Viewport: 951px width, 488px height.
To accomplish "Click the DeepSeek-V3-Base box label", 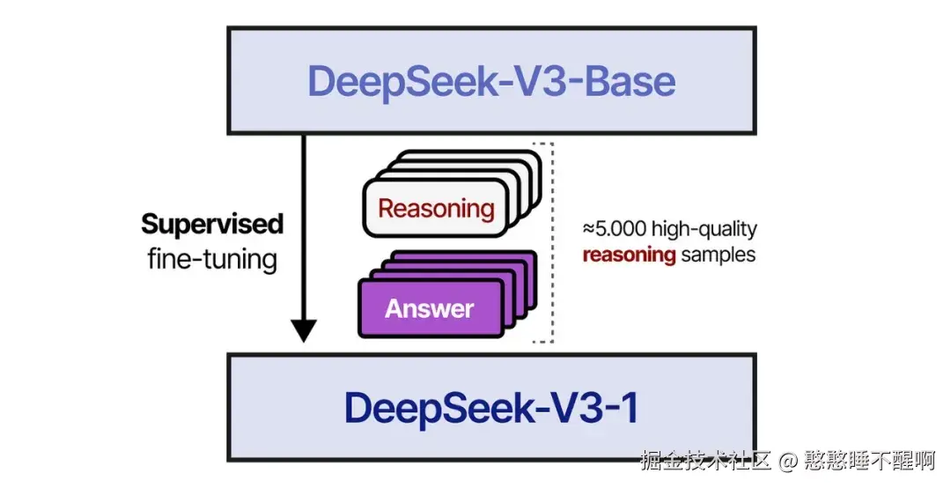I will tap(491, 81).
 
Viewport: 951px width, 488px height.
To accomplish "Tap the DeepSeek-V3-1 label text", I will tap(491, 408).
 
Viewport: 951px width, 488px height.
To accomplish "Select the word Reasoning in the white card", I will tap(436, 209).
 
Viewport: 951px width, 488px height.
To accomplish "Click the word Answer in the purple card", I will tap(429, 309).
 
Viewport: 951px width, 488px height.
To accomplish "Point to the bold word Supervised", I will tap(212, 224).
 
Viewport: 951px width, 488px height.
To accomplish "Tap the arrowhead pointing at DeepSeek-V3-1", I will tap(303, 330).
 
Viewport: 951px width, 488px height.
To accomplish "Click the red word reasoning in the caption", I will tap(629, 256).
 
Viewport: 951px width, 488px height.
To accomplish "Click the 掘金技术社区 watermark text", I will tap(706, 460).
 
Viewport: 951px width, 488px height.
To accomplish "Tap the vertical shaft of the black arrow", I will tap(303, 229).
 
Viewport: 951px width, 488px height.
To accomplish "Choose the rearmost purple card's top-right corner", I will tap(534, 255).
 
